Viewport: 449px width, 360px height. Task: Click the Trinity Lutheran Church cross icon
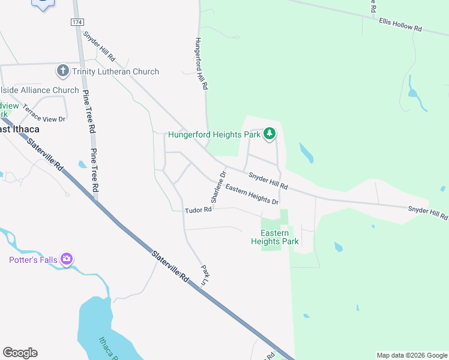pyautogui.click(x=62, y=71)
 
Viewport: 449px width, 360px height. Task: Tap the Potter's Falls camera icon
pyautogui.click(x=67, y=260)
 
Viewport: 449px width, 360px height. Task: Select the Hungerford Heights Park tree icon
pyautogui.click(x=270, y=134)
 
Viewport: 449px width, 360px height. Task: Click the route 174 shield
pyautogui.click(x=76, y=22)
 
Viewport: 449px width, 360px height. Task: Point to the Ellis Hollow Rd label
pyautogui.click(x=400, y=25)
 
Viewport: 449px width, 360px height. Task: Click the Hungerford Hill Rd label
pyautogui.click(x=201, y=64)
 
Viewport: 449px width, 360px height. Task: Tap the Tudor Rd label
pyautogui.click(x=199, y=210)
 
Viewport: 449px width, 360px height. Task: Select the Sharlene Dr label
pyautogui.click(x=218, y=186)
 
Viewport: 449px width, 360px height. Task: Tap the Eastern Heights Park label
pyautogui.click(x=275, y=237)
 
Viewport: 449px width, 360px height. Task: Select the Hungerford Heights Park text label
pyautogui.click(x=214, y=134)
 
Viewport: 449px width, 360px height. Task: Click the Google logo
pyautogui.click(x=20, y=353)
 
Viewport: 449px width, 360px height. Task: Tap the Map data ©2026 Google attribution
pyautogui.click(x=412, y=355)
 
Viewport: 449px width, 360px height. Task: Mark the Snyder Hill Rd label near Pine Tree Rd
pyautogui.click(x=99, y=46)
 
